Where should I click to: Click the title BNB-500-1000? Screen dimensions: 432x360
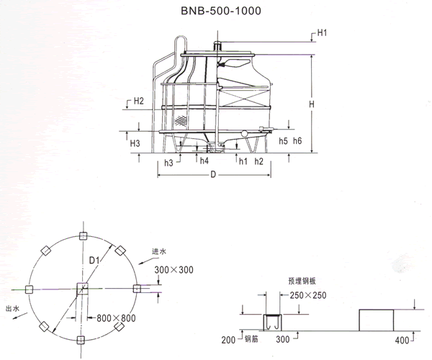(x=221, y=11)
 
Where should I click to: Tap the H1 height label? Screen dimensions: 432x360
(x=322, y=33)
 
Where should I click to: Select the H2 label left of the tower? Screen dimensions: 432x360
(x=139, y=101)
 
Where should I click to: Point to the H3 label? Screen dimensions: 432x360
(x=135, y=143)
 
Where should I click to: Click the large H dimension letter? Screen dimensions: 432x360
(x=311, y=104)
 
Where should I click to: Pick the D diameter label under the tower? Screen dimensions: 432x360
(x=213, y=175)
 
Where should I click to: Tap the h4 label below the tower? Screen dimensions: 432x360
(x=204, y=161)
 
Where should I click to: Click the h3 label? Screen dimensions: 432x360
(x=168, y=163)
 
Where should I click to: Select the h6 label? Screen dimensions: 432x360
(x=297, y=140)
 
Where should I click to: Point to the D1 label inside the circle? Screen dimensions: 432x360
(x=94, y=260)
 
